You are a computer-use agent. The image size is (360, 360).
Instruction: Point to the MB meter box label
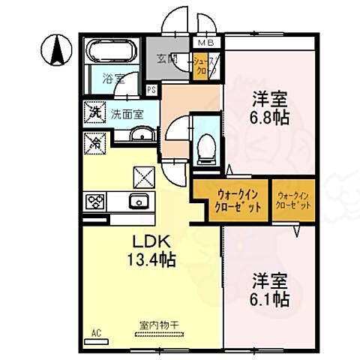(205, 44)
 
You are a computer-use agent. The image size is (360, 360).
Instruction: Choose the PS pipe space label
(151, 90)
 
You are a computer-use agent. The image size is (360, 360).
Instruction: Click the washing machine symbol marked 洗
(96, 113)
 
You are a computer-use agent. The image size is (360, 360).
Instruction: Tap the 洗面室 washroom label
(127, 114)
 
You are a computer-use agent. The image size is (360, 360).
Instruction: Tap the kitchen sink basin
(137, 202)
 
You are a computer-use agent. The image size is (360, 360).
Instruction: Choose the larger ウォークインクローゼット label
(229, 199)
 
